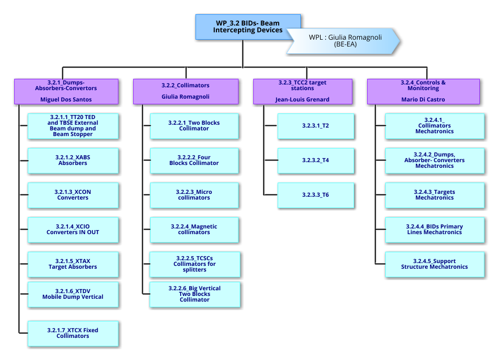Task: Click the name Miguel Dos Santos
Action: tap(66, 99)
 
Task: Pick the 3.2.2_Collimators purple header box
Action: tap(185, 91)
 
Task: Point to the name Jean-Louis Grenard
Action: tap(302, 99)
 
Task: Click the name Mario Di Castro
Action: tap(423, 99)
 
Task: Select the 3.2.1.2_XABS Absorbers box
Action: tap(73, 160)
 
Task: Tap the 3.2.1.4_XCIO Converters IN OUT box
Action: tap(73, 230)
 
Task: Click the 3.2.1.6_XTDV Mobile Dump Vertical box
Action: tap(73, 294)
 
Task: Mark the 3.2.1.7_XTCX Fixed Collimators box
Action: tap(73, 333)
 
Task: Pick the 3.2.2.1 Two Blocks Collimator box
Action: tap(194, 126)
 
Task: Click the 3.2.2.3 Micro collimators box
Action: tap(194, 195)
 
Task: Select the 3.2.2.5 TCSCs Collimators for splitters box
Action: tap(194, 264)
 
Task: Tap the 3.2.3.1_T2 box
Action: tap(316, 126)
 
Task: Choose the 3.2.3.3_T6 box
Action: tap(316, 195)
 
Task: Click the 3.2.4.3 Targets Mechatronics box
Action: tap(434, 195)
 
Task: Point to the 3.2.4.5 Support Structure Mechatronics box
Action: tap(434, 264)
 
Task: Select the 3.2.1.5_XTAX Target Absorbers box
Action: tap(73, 264)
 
